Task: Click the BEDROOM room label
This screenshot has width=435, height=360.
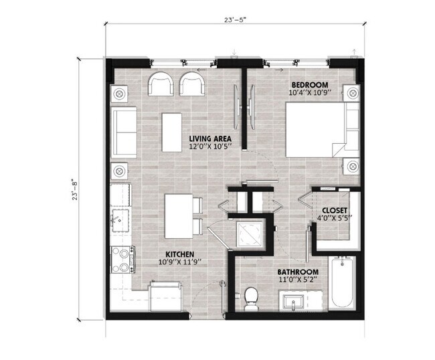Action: (x=309, y=84)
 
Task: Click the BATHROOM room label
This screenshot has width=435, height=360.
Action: (x=298, y=272)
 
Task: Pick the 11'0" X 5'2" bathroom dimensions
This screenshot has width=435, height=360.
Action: (x=298, y=281)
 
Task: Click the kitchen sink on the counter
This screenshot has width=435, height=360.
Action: (x=121, y=219)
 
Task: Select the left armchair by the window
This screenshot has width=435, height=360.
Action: (x=161, y=84)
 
